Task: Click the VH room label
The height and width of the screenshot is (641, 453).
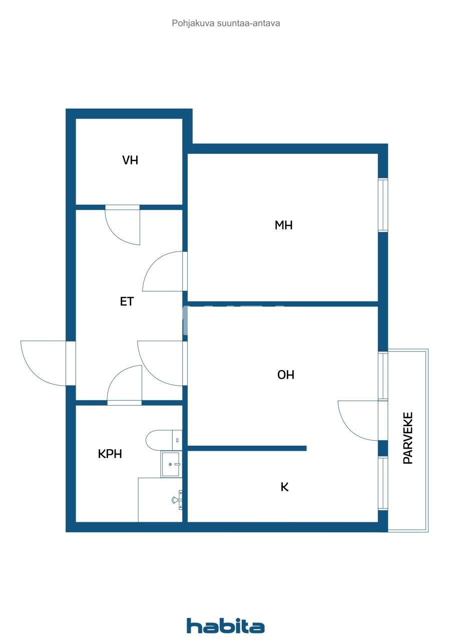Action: click(x=130, y=160)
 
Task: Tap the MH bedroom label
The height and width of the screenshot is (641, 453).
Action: click(x=283, y=225)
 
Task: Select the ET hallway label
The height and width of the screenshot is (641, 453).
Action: click(x=127, y=301)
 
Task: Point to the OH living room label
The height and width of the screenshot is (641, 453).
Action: click(x=286, y=375)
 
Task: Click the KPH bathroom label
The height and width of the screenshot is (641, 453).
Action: click(x=110, y=454)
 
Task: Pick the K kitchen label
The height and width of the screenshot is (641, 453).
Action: click(x=284, y=487)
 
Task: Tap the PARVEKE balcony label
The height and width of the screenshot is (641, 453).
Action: click(x=408, y=438)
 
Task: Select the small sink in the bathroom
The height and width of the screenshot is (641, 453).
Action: click(x=171, y=464)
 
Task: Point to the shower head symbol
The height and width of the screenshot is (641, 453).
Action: click(x=176, y=499)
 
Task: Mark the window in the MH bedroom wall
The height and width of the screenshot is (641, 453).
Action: click(x=383, y=205)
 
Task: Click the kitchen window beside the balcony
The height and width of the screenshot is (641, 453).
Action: click(x=383, y=483)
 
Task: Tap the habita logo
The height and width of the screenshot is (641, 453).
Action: click(x=226, y=625)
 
